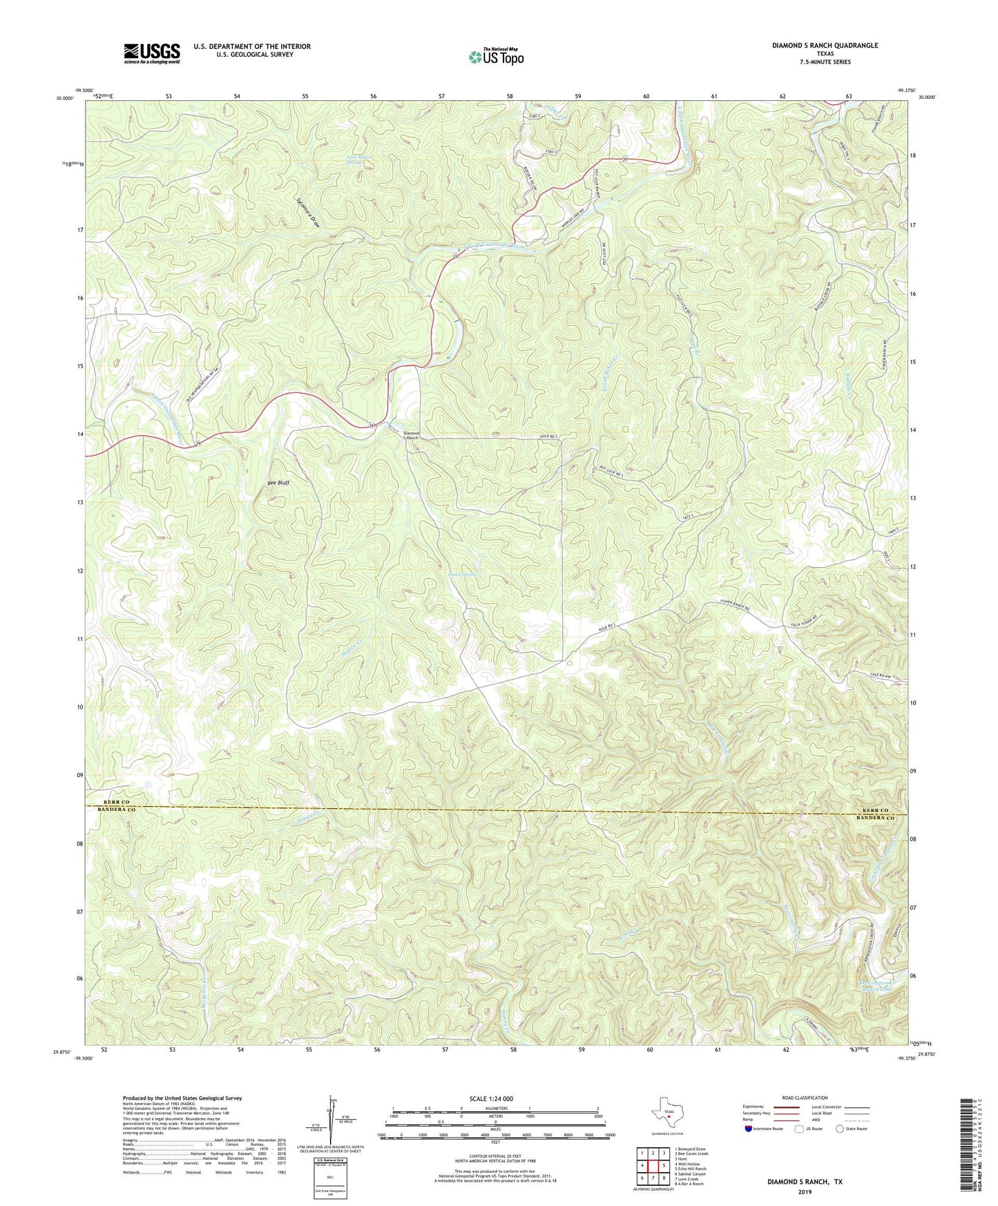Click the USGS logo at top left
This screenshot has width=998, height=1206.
pyautogui.click(x=152, y=52)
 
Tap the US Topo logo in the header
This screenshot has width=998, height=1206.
pyautogui.click(x=496, y=57)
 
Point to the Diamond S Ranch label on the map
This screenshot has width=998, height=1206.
pyautogui.click(x=411, y=436)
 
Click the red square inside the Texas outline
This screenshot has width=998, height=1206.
pyautogui.click(x=668, y=1133)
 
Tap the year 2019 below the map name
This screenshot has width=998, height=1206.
pyautogui.click(x=805, y=1191)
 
